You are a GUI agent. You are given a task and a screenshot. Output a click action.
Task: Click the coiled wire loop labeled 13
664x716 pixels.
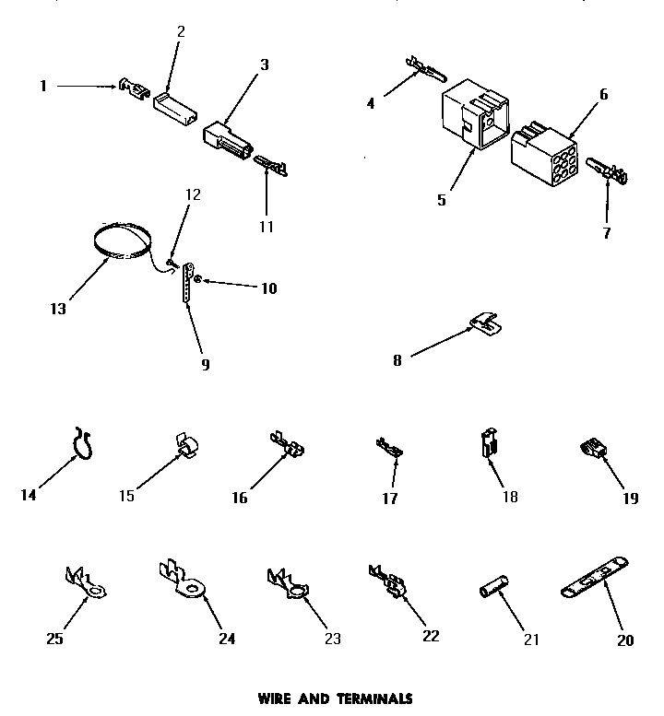point(124,242)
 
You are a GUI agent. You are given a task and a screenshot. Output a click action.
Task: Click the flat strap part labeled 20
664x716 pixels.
point(594,579)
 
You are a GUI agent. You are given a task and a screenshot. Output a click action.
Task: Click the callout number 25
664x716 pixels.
point(53,640)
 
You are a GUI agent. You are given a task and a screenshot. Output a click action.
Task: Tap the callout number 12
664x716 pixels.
point(192,195)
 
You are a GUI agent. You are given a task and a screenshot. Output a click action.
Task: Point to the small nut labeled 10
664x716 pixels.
point(202,278)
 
